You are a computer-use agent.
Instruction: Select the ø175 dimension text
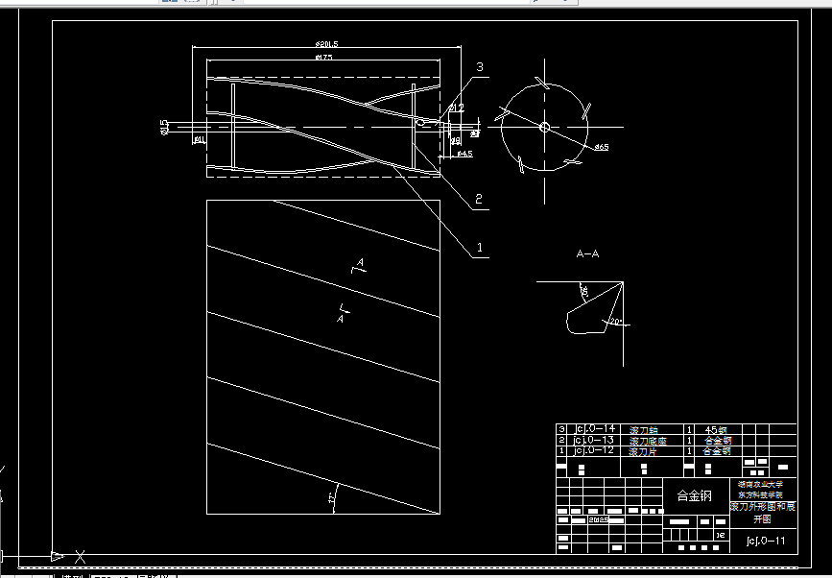(x=323, y=59)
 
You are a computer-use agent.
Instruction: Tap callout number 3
(x=480, y=66)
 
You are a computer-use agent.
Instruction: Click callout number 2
(x=477, y=201)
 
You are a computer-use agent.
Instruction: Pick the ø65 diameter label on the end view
(x=603, y=147)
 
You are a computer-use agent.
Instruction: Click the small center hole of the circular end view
(x=544, y=127)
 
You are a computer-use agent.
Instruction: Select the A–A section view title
(x=587, y=254)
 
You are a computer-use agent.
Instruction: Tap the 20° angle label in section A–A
(x=615, y=321)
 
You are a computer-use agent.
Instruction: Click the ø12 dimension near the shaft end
(x=457, y=108)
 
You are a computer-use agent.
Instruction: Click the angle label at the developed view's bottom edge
(x=332, y=498)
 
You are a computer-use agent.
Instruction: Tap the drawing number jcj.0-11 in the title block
(x=765, y=541)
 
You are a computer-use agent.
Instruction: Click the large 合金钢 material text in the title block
(x=695, y=496)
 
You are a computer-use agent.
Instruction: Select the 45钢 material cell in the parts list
(x=717, y=429)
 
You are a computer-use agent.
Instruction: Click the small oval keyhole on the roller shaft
(x=419, y=122)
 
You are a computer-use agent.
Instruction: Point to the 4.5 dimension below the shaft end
(x=464, y=154)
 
